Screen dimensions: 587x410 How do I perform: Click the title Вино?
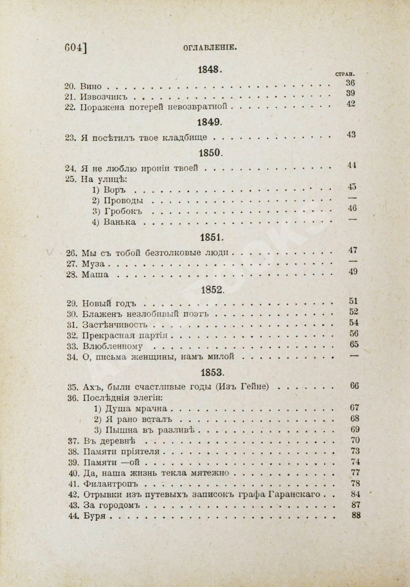91,86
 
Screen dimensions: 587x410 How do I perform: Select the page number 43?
351,134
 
